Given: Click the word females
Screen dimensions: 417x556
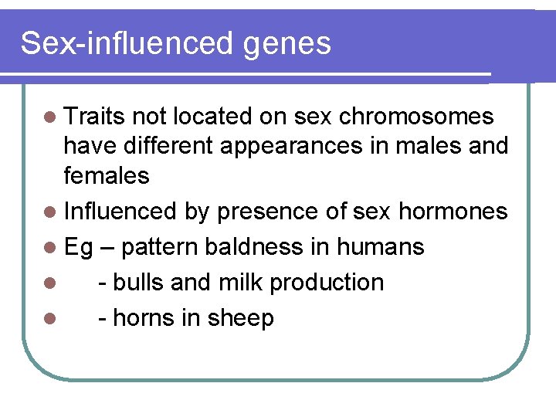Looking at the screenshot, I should point(107,175).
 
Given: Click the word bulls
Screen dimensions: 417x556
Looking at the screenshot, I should point(138,283).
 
